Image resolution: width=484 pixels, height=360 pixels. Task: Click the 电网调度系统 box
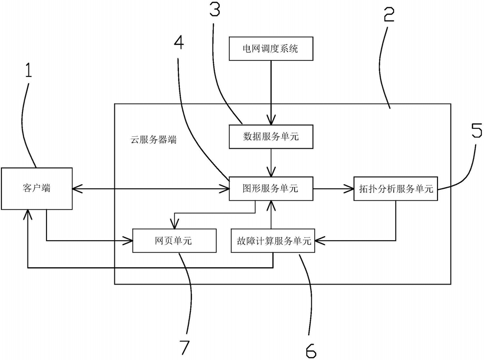coord(271,48)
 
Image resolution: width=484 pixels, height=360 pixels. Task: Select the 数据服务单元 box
coord(271,137)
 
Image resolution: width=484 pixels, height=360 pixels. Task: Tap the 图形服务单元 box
coord(271,188)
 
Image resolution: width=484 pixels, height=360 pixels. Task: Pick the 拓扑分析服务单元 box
coord(396,188)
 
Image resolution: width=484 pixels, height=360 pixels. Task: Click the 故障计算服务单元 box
coord(273,241)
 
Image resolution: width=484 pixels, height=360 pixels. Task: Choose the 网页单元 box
coord(174,241)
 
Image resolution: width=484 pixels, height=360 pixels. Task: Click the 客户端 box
coord(37,188)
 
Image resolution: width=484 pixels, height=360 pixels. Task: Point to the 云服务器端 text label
coord(153,140)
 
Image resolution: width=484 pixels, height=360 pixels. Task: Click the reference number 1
coord(28,70)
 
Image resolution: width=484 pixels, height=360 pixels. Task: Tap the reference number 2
coord(389,14)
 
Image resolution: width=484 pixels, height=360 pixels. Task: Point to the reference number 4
coord(179,42)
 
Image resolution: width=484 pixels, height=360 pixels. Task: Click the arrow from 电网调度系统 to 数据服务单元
coord(271,92)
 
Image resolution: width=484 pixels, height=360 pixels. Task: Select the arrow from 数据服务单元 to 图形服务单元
coord(271,163)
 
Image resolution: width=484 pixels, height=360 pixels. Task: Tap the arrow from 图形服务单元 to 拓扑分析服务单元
coord(333,188)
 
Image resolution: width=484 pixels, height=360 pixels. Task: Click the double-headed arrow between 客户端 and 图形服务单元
coord(151,188)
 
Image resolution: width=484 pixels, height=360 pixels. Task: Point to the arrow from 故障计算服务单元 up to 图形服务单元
coord(271,214)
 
